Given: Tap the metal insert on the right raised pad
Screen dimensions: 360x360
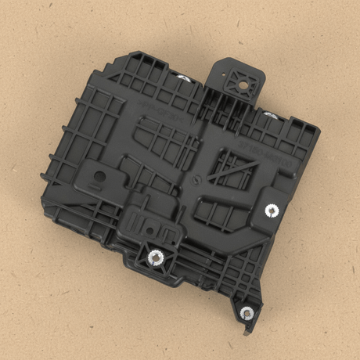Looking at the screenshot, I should click(272, 209).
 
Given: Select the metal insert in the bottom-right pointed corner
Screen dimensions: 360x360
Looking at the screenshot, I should click(247, 313).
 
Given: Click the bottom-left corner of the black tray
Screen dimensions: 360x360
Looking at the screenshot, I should click(47, 211).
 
